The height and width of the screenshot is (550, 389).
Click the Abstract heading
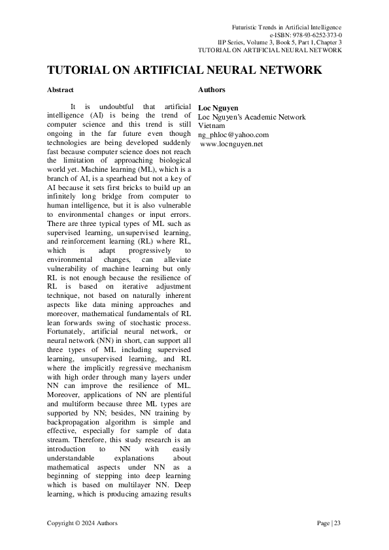(x=61, y=89)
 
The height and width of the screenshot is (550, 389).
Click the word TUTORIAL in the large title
(x=80, y=70)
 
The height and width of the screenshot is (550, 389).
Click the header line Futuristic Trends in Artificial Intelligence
(x=287, y=26)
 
